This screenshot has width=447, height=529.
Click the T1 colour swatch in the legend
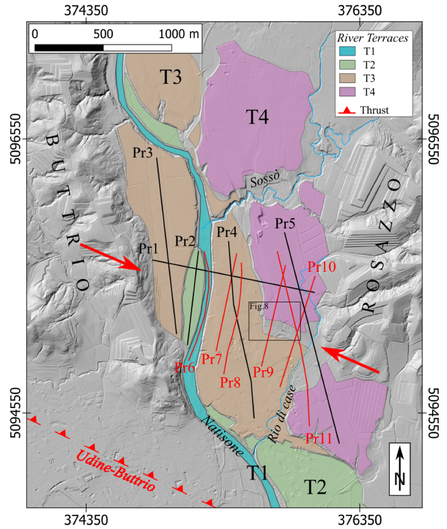tap(347, 51)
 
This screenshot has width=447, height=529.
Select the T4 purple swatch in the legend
tap(347, 92)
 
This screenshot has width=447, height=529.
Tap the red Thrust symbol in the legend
tap(347, 110)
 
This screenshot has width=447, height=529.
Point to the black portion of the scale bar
tap(69, 48)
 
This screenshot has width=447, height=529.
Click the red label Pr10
tap(322, 267)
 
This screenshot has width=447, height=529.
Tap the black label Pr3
tap(142, 153)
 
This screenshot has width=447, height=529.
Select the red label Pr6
tap(185, 367)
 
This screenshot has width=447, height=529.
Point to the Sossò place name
tap(265, 179)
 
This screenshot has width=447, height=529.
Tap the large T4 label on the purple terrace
tap(257, 117)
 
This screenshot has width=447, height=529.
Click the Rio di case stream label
tap(282, 414)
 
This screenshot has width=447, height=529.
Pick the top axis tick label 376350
tap(359, 11)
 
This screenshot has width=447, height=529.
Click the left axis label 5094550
tap(16, 413)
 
